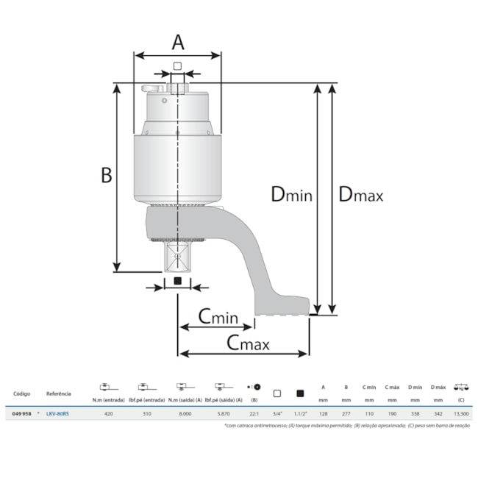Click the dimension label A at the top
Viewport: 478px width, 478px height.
(177, 42)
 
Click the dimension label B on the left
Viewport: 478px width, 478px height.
(106, 175)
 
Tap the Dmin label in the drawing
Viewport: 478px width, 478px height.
(292, 194)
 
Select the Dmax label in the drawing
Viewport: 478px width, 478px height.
(360, 194)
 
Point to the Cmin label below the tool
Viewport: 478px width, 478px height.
(218, 317)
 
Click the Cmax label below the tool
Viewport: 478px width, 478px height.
(247, 343)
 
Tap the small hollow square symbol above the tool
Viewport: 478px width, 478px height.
(177, 66)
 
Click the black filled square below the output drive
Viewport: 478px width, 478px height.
(177, 282)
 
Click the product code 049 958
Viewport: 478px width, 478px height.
(21, 413)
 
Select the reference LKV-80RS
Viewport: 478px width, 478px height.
(57, 413)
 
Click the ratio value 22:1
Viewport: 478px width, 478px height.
(254, 413)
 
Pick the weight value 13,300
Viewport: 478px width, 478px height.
(462, 413)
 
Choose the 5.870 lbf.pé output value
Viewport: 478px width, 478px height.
(224, 413)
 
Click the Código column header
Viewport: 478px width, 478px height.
(21, 393)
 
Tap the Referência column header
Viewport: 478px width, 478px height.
(59, 393)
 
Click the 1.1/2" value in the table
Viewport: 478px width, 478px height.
(301, 413)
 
